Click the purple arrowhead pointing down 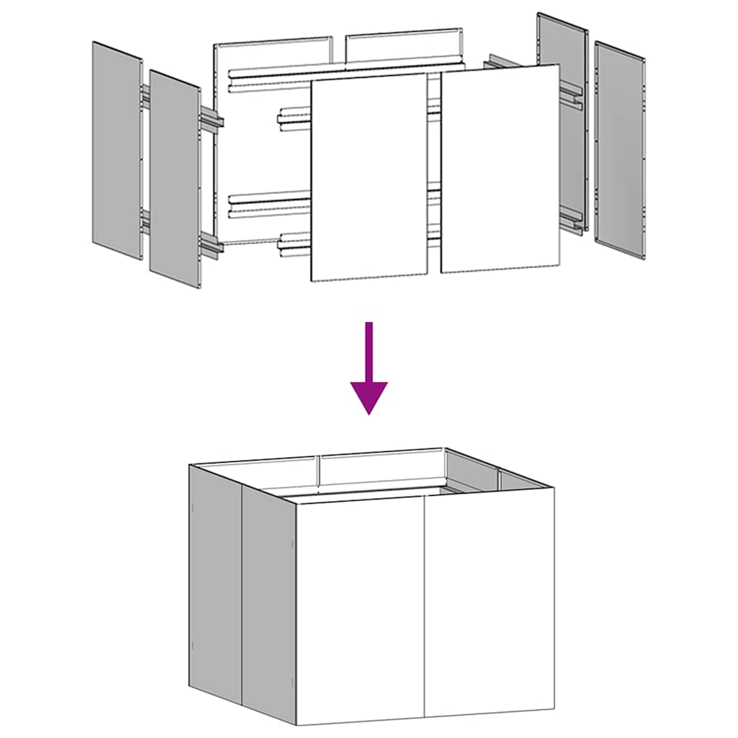coord(369,396)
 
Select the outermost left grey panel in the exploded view coord(117,151)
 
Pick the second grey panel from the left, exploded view coord(174,179)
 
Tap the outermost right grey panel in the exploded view coord(621,149)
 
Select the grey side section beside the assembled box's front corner coord(269,605)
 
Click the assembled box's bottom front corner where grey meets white coord(296,724)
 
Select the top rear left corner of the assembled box coord(190,465)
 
